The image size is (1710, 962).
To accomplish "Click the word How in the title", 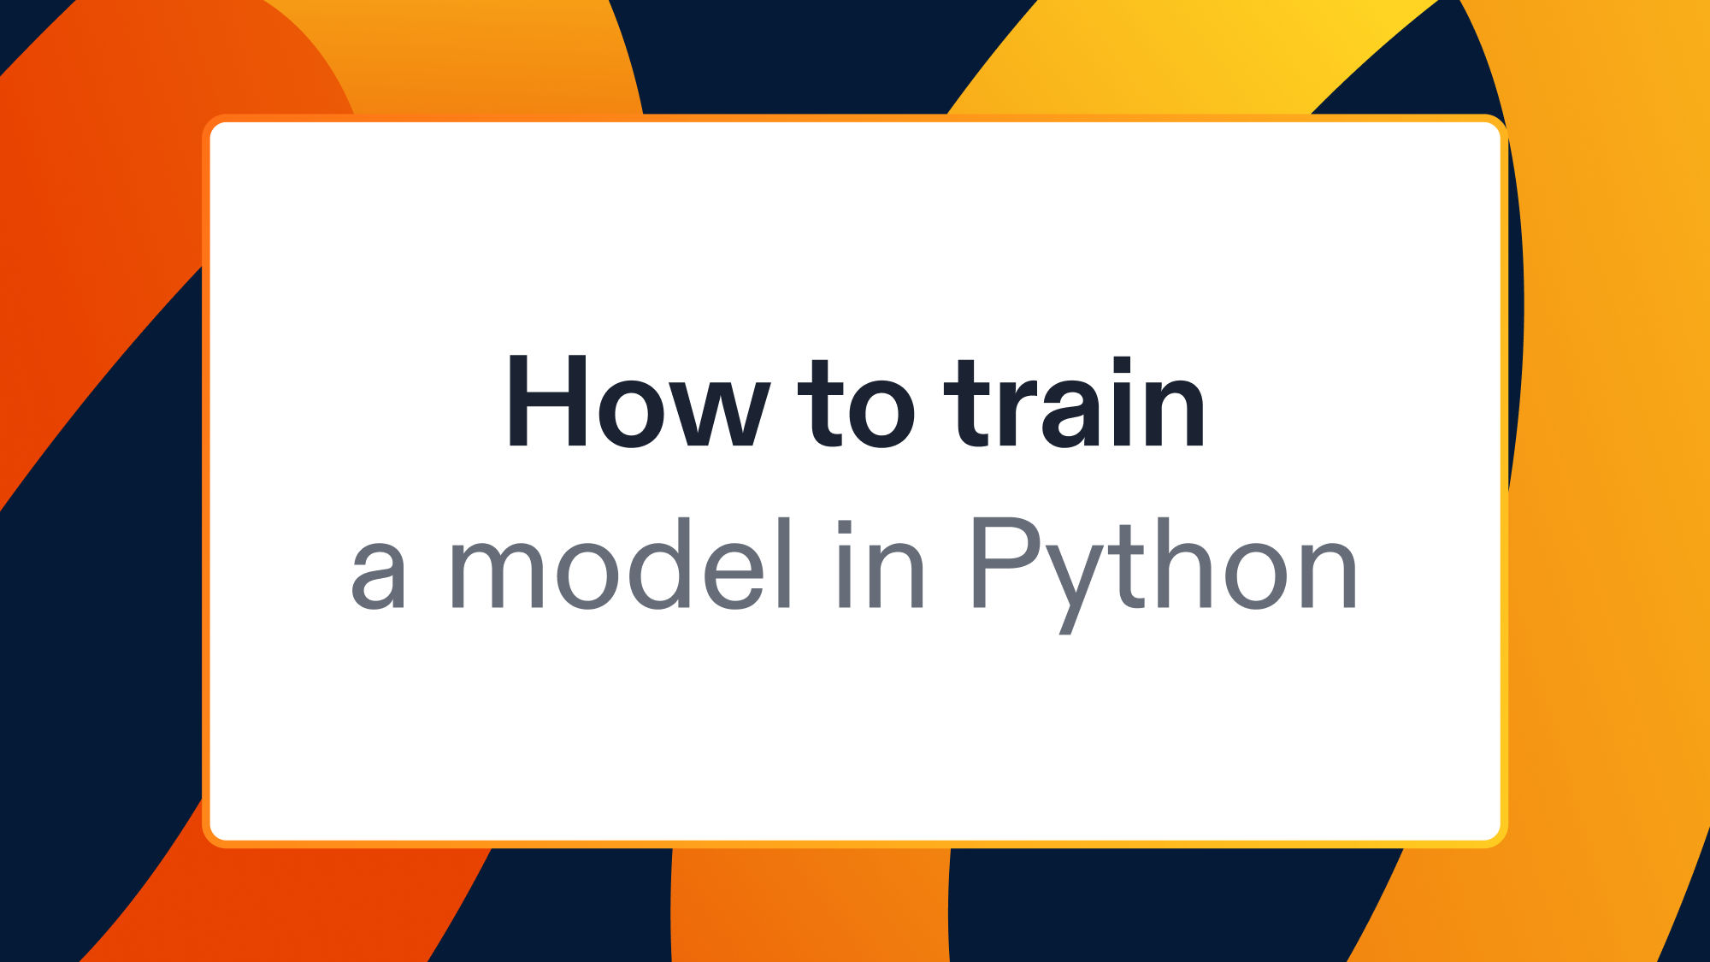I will [x=637, y=402].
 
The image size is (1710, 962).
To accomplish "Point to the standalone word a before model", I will [x=377, y=575].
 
